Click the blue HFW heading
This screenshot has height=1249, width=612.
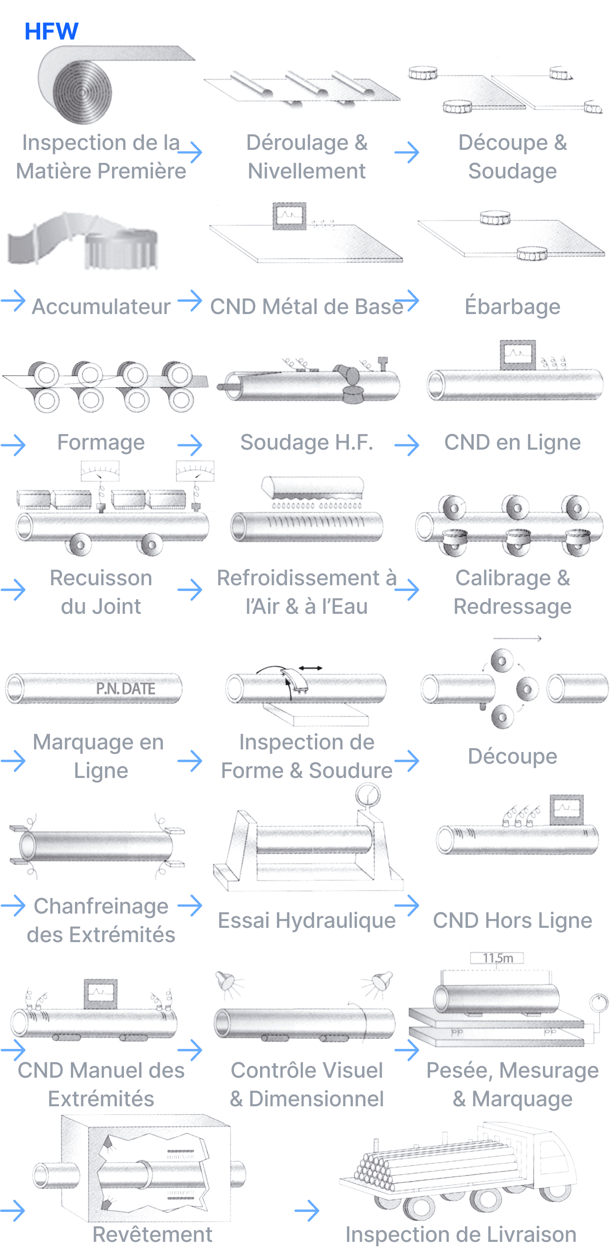(x=51, y=32)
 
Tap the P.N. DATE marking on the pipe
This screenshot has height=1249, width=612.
(x=125, y=688)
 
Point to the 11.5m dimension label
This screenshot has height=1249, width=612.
(x=497, y=958)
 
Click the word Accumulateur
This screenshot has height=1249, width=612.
(x=101, y=306)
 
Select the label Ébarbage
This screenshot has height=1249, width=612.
(x=512, y=306)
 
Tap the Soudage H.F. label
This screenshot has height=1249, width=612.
(x=306, y=442)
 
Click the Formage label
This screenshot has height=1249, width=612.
(x=101, y=442)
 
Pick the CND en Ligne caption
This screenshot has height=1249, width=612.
(x=512, y=442)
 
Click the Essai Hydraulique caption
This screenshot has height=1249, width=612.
(x=306, y=920)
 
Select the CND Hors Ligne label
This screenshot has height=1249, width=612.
(x=512, y=920)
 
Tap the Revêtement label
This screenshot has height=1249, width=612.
(x=152, y=1234)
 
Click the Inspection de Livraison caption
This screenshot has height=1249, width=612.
(x=461, y=1234)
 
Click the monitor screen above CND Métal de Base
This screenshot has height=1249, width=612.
(x=289, y=215)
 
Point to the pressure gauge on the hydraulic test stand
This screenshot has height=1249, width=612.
(x=368, y=795)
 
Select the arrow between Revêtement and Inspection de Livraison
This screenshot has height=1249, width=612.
(x=306, y=1211)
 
